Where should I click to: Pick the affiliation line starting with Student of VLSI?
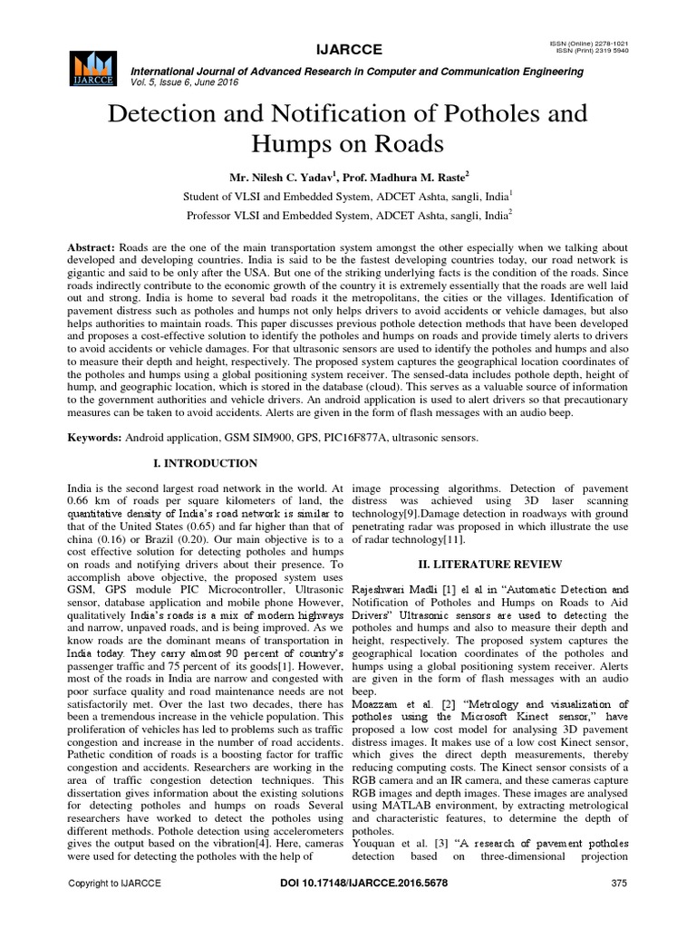(x=347, y=195)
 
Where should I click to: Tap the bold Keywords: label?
(x=95, y=439)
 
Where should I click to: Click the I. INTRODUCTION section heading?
(x=206, y=464)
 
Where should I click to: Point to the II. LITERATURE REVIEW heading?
(x=490, y=564)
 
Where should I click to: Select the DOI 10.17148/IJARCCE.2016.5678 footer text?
(x=348, y=883)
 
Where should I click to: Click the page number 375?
(x=620, y=883)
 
